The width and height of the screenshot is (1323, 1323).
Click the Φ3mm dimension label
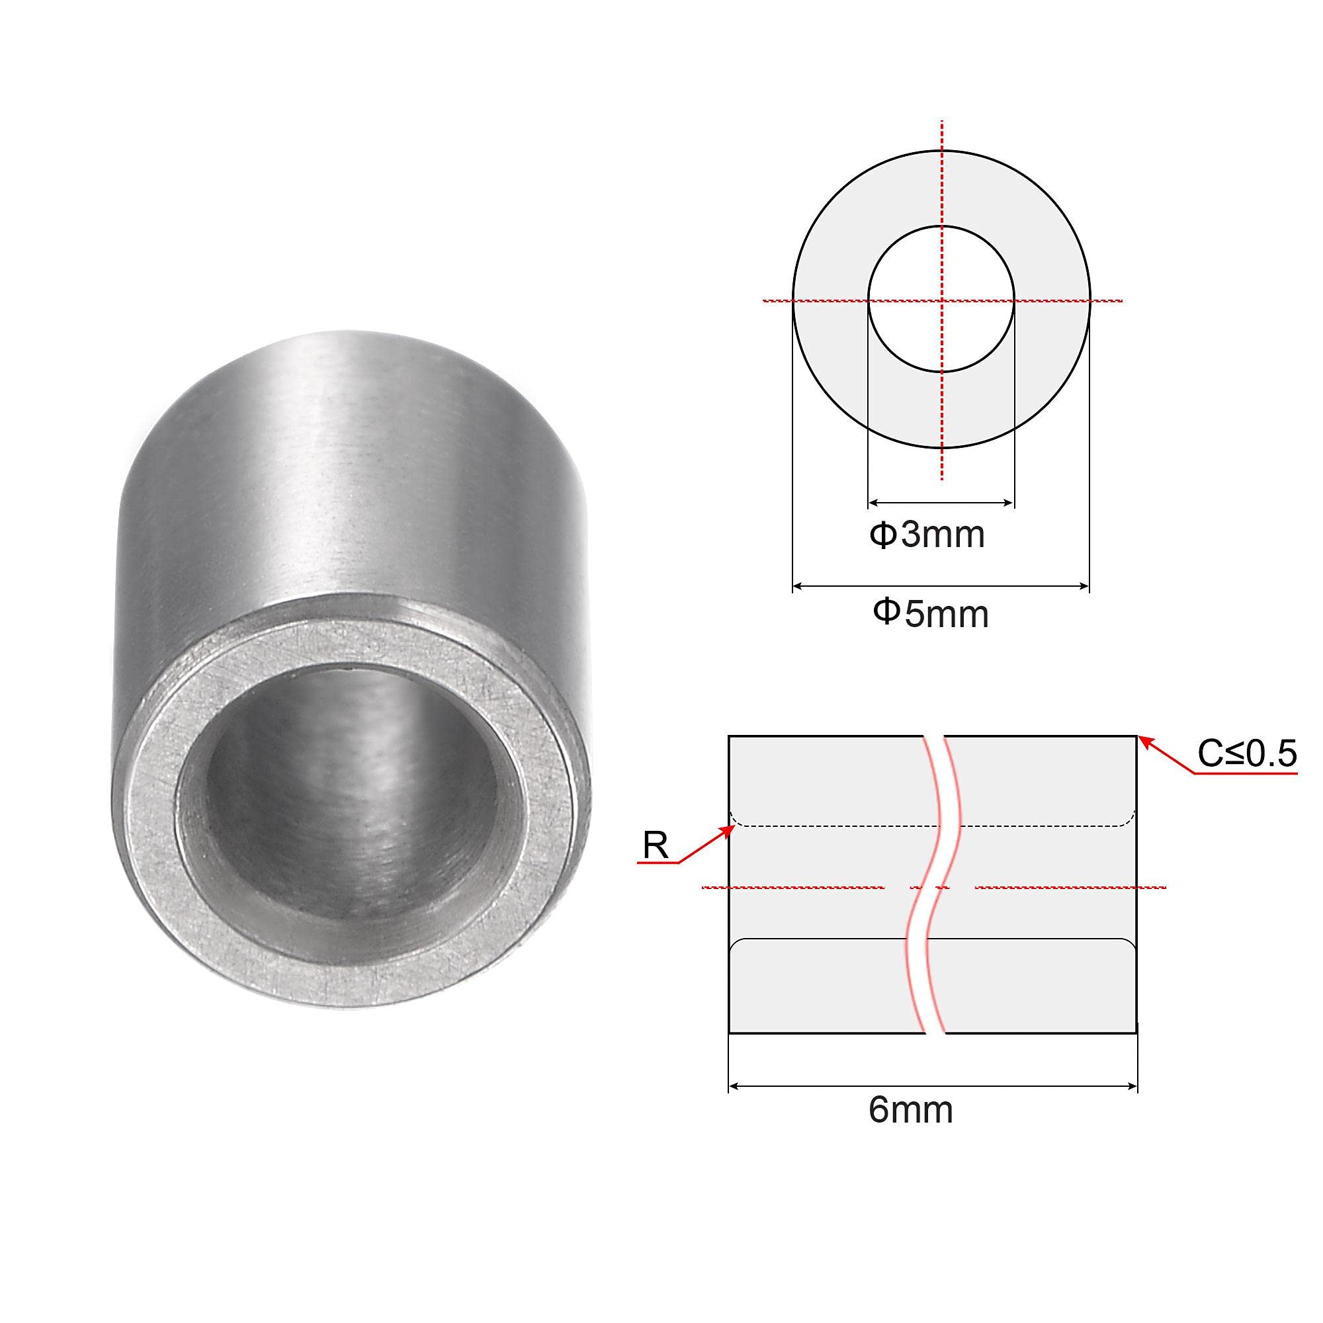click(x=927, y=534)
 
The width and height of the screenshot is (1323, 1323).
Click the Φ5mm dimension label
click(x=930, y=613)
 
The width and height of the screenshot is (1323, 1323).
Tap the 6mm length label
click(x=910, y=1110)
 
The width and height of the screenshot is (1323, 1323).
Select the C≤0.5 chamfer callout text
click(x=1246, y=754)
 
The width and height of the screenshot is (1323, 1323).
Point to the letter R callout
click(x=656, y=847)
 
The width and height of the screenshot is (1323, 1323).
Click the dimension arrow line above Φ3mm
click(x=940, y=503)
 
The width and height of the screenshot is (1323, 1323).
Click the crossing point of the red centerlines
click(x=941, y=300)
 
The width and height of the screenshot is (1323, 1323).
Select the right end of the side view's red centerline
click(x=1164, y=888)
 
